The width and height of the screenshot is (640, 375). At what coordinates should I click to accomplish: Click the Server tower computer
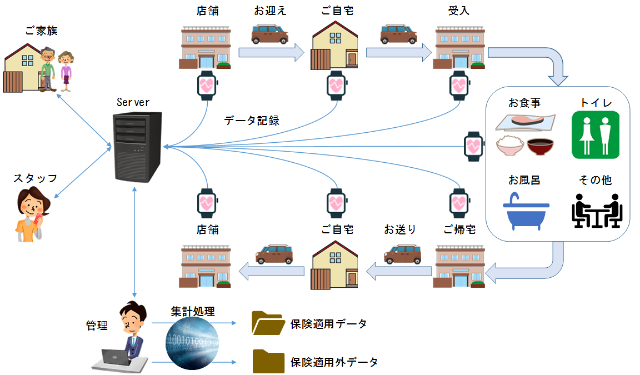pyautogui.click(x=136, y=147)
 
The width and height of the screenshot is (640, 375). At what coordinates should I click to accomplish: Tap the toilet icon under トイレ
pyautogui.click(x=596, y=134)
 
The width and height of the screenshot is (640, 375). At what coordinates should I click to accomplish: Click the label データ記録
pyautogui.click(x=252, y=121)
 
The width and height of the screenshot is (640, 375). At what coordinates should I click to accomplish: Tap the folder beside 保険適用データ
pyautogui.click(x=267, y=323)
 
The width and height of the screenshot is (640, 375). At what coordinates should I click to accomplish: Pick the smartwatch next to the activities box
pyautogui.click(x=473, y=146)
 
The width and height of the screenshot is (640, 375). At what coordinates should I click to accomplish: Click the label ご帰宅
pyautogui.click(x=459, y=229)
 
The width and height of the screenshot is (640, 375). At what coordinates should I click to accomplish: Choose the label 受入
pyautogui.click(x=459, y=11)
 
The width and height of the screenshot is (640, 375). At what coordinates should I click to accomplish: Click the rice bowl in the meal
pyautogui.click(x=509, y=147)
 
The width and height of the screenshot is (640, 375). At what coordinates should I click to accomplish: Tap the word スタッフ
pyautogui.click(x=35, y=178)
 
